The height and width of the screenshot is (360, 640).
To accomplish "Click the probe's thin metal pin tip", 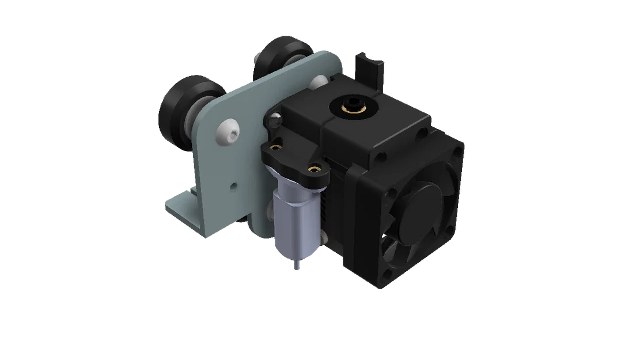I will click(296, 266).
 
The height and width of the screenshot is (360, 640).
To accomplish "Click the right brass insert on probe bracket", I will click(314, 169).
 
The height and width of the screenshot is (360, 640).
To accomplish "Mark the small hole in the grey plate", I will click(233, 185).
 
